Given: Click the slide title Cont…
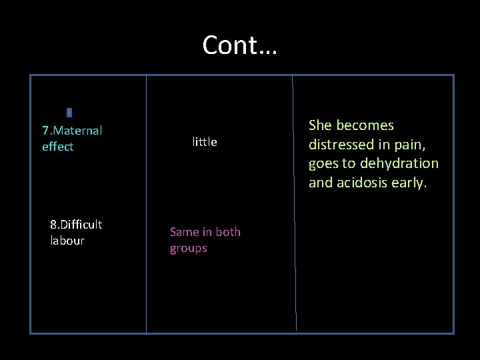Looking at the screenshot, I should [x=240, y=45].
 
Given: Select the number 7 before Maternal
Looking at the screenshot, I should [x=45, y=130].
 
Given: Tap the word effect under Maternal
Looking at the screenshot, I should [x=57, y=147].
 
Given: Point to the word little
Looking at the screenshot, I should [x=205, y=142].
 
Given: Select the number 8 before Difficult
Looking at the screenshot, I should [x=53, y=224].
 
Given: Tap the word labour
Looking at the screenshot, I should [x=67, y=241].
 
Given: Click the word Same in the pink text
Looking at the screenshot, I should [x=184, y=232].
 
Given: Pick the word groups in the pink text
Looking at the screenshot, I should [x=189, y=249].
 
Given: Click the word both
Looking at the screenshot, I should [x=227, y=232].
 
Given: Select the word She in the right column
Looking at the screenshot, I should [x=321, y=125].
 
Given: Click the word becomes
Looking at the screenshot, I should [x=365, y=125].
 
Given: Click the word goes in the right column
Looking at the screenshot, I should [x=323, y=163].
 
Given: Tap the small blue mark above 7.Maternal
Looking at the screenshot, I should [x=69, y=113].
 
